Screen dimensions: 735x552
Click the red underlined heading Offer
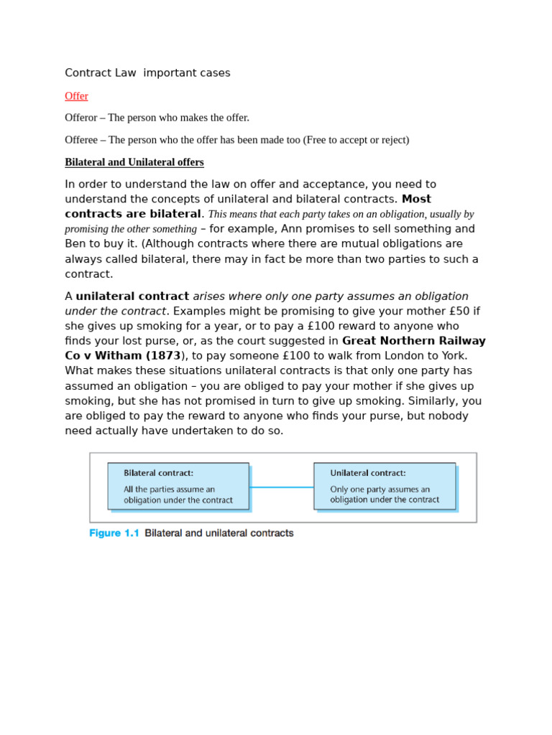click(76, 96)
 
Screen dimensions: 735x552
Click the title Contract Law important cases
click(147, 73)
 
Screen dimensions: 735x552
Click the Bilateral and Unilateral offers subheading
click(134, 162)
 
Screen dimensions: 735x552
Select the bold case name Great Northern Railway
click(413, 341)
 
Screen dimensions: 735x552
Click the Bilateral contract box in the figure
click(178, 487)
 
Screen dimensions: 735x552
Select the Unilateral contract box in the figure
click(385, 487)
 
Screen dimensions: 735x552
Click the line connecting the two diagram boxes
click(281, 487)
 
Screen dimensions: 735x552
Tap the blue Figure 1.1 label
click(114, 533)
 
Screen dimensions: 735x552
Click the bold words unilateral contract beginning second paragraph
click(132, 296)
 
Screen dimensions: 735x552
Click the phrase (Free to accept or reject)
click(356, 140)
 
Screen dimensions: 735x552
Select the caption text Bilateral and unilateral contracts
click(219, 533)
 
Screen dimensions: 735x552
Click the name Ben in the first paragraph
click(75, 244)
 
